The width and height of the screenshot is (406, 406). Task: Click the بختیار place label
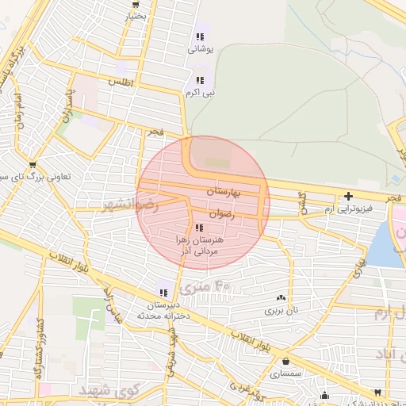(136, 15)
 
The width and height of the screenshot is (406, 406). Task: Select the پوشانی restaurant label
(200, 49)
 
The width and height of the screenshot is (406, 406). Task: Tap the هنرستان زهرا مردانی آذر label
(199, 243)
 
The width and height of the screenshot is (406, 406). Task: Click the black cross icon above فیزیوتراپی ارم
(348, 196)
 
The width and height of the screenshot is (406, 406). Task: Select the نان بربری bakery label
(282, 311)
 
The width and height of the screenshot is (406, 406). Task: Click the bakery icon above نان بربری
(281, 298)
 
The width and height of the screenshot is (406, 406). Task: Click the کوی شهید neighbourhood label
(110, 391)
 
